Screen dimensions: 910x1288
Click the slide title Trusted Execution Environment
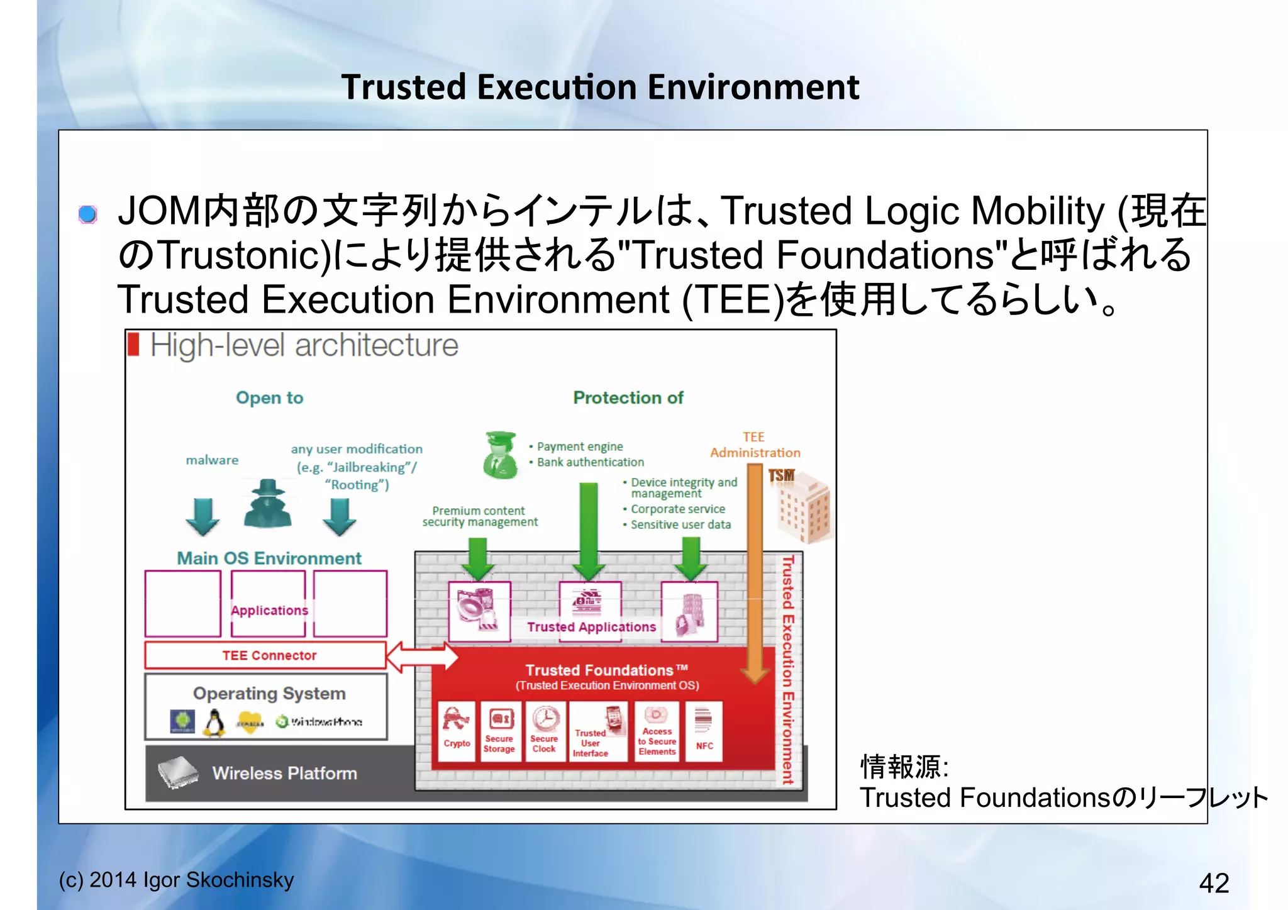(x=600, y=87)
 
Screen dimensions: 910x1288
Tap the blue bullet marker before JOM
(x=88, y=214)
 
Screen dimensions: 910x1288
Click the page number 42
(x=1213, y=883)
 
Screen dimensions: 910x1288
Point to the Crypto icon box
(x=457, y=730)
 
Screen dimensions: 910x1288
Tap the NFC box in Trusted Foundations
(x=704, y=730)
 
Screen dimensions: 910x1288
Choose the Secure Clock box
(x=545, y=730)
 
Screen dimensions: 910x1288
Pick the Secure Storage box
(x=499, y=730)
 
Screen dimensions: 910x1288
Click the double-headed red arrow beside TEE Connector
(x=421, y=657)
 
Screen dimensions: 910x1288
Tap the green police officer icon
(x=500, y=455)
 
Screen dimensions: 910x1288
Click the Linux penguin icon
(x=215, y=723)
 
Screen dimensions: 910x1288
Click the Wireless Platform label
(x=284, y=773)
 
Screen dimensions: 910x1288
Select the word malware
(x=212, y=460)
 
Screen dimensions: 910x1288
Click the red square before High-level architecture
(x=133, y=345)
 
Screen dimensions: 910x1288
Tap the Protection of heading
(x=628, y=397)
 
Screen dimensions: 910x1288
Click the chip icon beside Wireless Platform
(x=177, y=772)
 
